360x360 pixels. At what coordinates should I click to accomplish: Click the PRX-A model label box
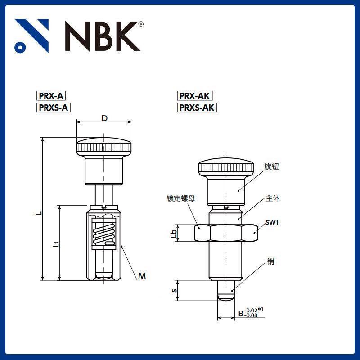coord(51,96)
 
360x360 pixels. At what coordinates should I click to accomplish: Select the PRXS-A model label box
coord(54,108)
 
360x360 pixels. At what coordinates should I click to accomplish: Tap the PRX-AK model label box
coord(195,96)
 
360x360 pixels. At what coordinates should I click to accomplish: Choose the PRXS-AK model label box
coord(197,108)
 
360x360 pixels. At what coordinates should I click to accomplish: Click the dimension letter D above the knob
coord(104,118)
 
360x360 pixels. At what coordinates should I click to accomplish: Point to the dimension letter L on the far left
coord(40,212)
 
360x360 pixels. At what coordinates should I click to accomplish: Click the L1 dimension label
coord(56,244)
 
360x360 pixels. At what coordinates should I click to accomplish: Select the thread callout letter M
coord(142,275)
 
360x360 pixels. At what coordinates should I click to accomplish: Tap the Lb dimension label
coord(174,234)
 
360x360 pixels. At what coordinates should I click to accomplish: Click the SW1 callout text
coord(272,222)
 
